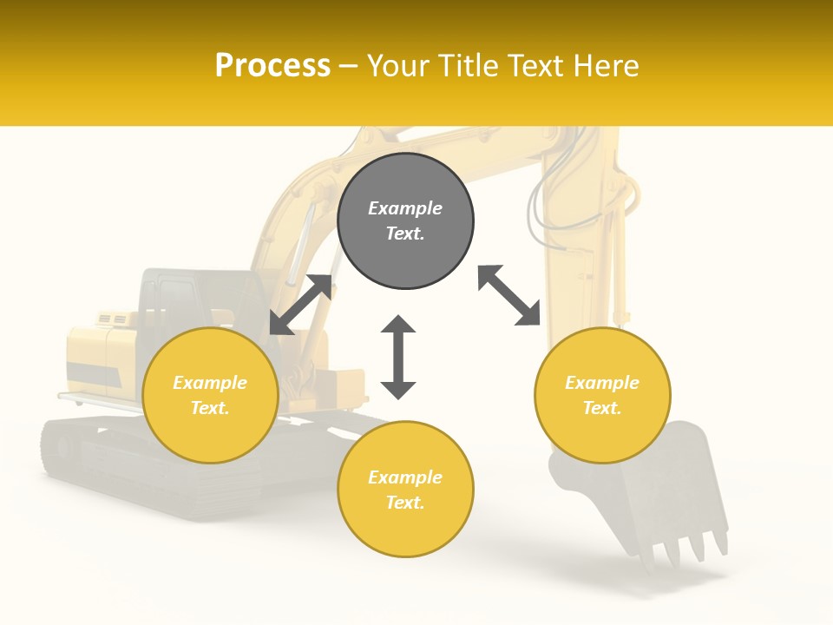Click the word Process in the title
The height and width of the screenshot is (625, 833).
point(272,66)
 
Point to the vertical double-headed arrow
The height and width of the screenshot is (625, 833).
point(398,357)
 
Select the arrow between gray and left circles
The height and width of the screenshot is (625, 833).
point(301,305)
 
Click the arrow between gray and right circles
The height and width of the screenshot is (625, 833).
point(509,295)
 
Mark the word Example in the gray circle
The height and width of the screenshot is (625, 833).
point(405,208)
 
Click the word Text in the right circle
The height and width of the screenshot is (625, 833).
point(602,408)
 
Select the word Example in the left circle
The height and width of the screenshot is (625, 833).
point(210,383)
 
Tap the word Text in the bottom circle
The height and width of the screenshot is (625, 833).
point(405,503)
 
